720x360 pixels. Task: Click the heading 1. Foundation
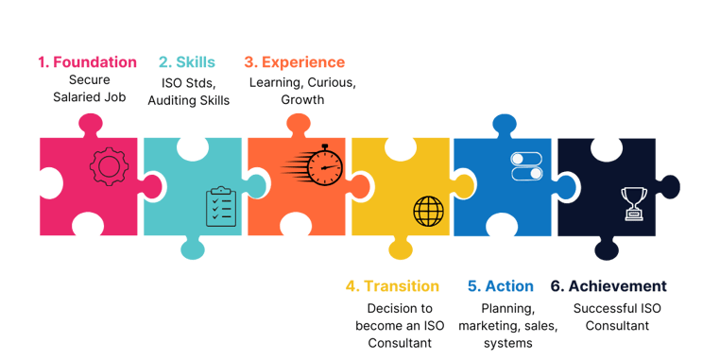point(87,62)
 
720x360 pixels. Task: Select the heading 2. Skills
point(187,62)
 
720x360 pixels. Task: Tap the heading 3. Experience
point(294,62)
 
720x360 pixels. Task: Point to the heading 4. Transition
point(392,286)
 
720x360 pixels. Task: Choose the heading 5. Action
point(502,286)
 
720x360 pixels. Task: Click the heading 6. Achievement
point(609,286)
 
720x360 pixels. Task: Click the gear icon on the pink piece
point(108,166)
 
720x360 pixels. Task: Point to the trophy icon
point(630,203)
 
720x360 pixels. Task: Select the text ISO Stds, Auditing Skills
point(186,90)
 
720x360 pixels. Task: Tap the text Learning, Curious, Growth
point(301,90)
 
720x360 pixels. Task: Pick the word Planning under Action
point(508,308)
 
